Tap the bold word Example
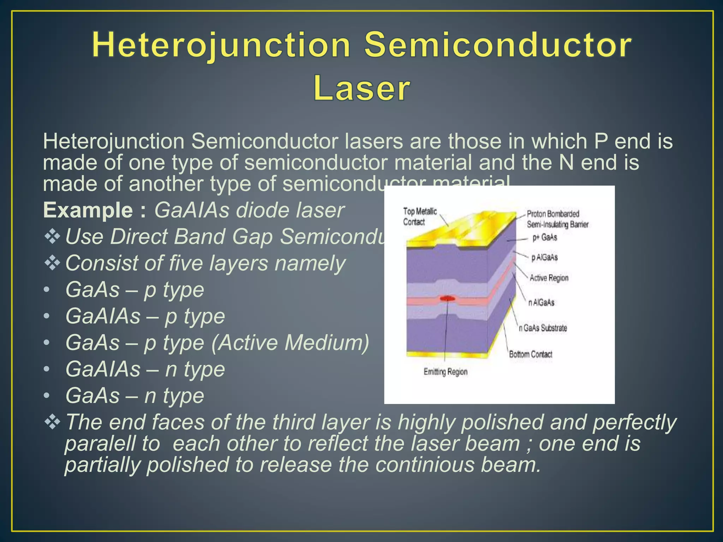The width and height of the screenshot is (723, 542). [x=88, y=210]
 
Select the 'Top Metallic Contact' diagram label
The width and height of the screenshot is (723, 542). [x=420, y=216]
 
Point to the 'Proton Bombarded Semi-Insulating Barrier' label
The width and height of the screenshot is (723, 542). [x=557, y=219]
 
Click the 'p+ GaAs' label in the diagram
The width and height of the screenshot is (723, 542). [x=545, y=237]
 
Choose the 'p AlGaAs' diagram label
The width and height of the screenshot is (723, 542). [x=544, y=257]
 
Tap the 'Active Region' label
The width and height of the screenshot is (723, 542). [x=549, y=278]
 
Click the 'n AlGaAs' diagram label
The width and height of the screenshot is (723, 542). [x=541, y=302]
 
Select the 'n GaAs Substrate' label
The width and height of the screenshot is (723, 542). [x=543, y=328]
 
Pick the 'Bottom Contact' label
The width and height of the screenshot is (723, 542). [x=530, y=354]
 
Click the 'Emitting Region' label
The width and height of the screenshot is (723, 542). [x=445, y=372]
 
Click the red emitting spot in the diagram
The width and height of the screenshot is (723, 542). [x=448, y=299]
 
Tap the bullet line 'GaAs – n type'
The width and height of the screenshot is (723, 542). [x=135, y=396]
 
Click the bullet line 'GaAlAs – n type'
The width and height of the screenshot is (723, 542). [x=145, y=369]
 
